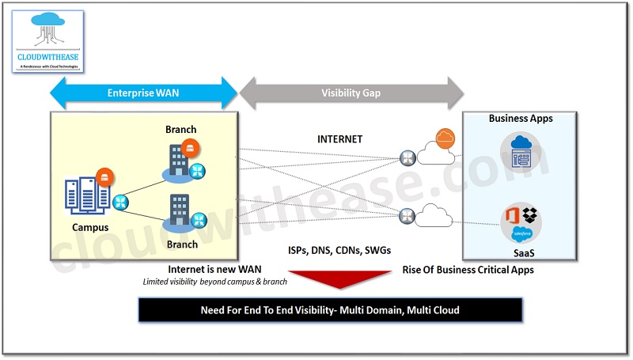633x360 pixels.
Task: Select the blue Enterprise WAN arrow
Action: [143, 93]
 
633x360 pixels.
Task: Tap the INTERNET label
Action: [339, 139]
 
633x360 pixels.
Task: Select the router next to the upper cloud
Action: [408, 157]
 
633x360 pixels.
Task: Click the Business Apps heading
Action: [520, 119]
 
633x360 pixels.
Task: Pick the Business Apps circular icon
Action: [520, 153]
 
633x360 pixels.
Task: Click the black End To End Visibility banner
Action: [330, 310]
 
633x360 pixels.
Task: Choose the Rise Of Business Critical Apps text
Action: [468, 270]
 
